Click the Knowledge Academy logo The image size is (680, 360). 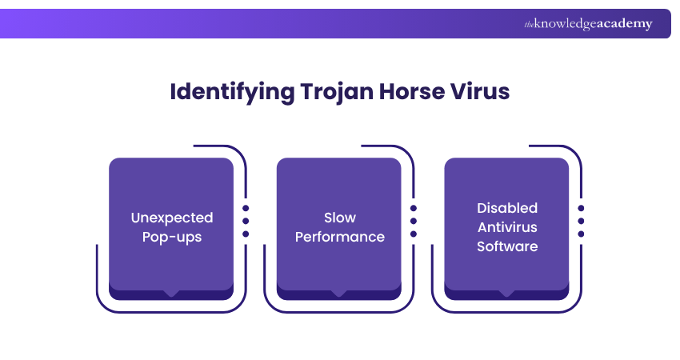pos(588,24)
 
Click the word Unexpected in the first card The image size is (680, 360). pos(171,218)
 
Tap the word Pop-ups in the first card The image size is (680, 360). pos(171,237)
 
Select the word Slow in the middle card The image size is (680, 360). pos(340,218)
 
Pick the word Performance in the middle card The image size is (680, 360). pos(340,237)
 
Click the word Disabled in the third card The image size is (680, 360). pos(507,208)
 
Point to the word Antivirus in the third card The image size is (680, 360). pos(507,227)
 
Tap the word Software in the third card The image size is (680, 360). pos(507,246)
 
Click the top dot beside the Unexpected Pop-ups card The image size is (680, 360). pos(246,208)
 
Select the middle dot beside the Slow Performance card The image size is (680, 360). pos(414,221)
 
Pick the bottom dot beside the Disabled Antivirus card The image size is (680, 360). pos(581,234)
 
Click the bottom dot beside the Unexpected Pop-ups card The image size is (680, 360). pos(246,234)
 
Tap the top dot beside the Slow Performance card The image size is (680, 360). pos(414,208)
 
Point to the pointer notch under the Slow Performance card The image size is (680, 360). pos(340,294)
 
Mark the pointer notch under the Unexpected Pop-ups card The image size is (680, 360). pos(171,294)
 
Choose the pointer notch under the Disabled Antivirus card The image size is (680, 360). pos(507,294)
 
